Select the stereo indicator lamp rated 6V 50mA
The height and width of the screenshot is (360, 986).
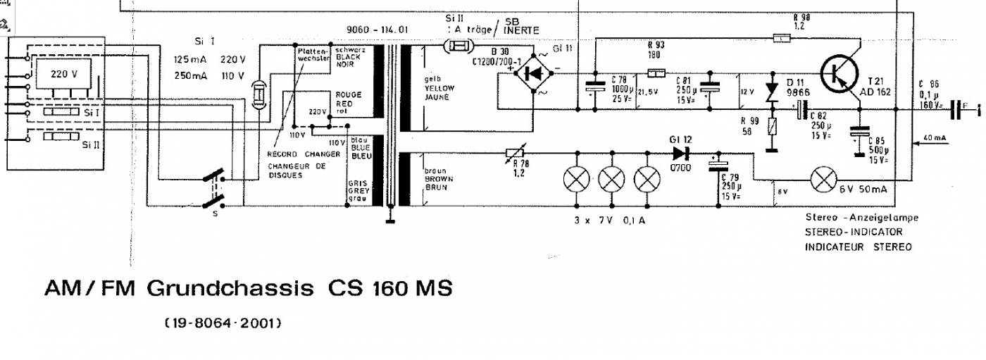(823, 180)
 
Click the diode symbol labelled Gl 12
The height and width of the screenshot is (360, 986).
(680, 153)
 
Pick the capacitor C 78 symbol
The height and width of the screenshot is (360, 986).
(595, 87)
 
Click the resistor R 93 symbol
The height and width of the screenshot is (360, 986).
(656, 73)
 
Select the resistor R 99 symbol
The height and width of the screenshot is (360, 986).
(773, 128)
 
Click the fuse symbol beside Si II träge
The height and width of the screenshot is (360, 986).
(457, 47)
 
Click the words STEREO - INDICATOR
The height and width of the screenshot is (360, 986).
(854, 232)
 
